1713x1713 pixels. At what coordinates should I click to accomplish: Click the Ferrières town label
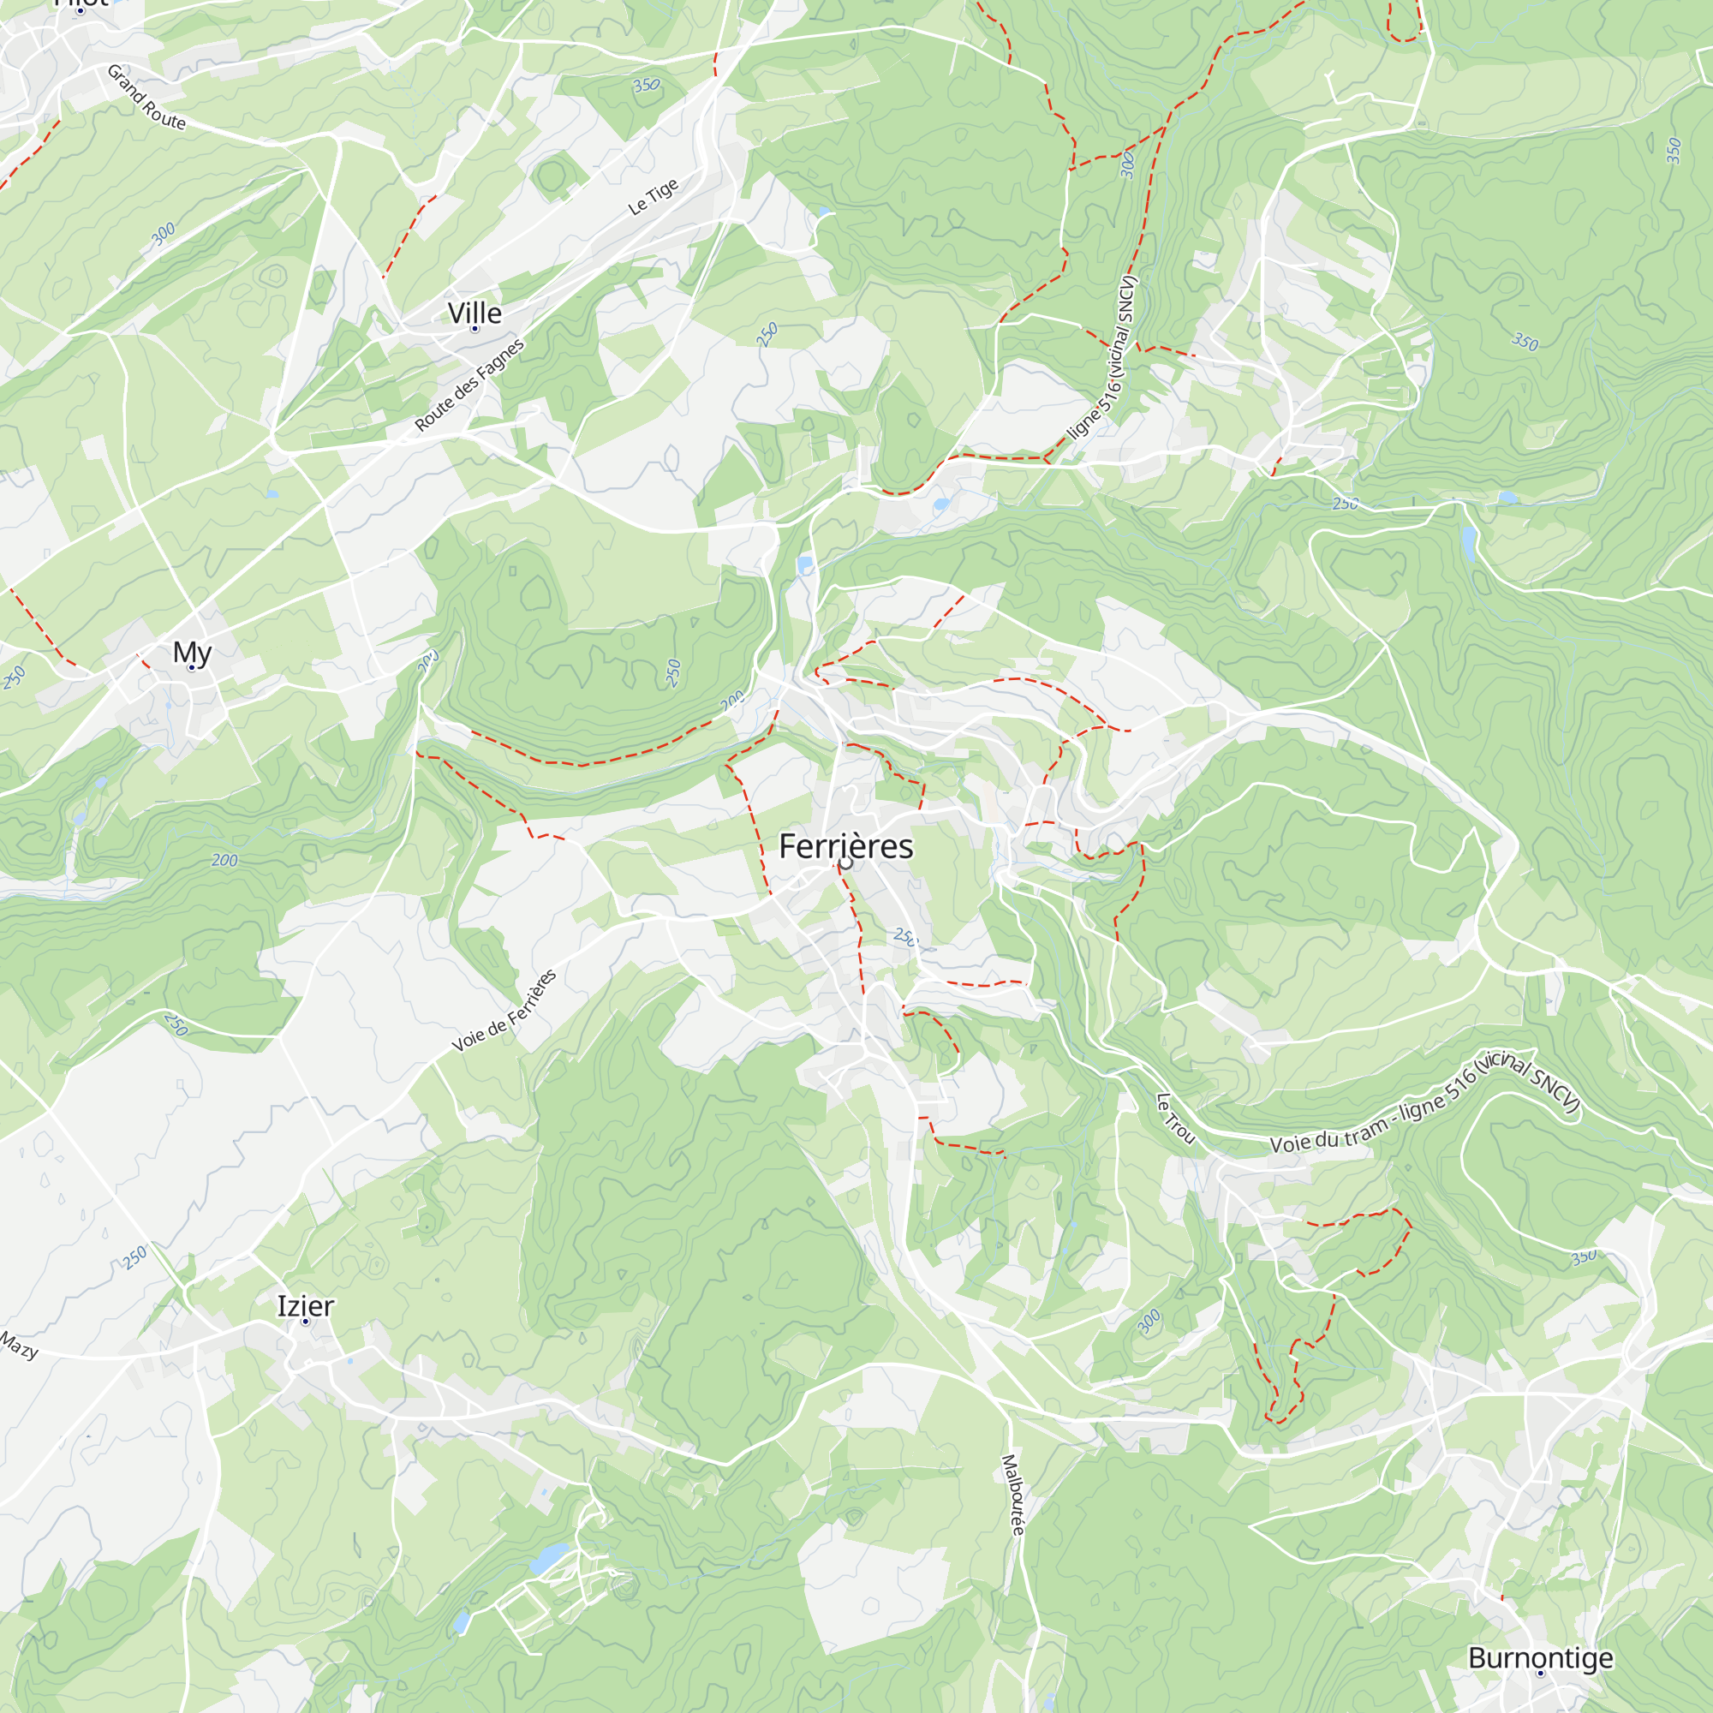tap(845, 846)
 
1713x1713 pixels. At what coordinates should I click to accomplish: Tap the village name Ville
tap(475, 313)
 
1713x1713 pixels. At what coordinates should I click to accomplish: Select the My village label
tap(193, 653)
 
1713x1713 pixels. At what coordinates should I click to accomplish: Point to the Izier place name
tap(305, 1306)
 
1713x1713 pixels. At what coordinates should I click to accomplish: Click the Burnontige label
tap(1541, 1657)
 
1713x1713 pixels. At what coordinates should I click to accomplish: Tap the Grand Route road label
tap(146, 98)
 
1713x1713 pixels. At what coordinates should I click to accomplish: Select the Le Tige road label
tap(654, 197)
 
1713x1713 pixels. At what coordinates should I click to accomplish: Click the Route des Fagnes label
tap(469, 385)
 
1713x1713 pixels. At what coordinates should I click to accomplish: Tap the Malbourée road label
tap(1013, 1494)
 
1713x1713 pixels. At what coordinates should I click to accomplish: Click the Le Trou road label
tap(1176, 1118)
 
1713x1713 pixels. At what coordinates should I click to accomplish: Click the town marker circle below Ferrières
tap(846, 862)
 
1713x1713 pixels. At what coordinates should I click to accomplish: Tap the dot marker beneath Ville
tap(475, 329)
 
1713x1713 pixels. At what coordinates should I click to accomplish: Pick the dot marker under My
tap(192, 668)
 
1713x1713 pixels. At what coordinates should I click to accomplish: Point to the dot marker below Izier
tap(305, 1322)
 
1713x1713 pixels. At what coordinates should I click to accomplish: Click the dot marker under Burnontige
tap(1541, 1673)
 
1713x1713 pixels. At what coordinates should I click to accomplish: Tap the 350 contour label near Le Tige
tap(647, 85)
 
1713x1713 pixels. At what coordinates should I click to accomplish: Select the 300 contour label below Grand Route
tap(163, 234)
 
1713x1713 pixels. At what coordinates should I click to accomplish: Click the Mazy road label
tap(19, 1345)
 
